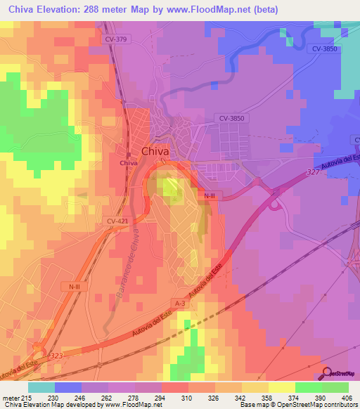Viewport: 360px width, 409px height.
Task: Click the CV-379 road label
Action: (x=115, y=39)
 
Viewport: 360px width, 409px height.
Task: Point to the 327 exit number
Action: (x=313, y=171)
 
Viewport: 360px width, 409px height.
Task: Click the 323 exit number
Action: (x=58, y=358)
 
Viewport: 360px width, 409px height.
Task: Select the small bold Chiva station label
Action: (x=129, y=162)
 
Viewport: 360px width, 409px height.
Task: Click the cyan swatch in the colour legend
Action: (x=41, y=387)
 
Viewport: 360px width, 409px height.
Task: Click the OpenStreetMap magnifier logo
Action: (x=328, y=374)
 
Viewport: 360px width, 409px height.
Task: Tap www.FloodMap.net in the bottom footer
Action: (x=128, y=405)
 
